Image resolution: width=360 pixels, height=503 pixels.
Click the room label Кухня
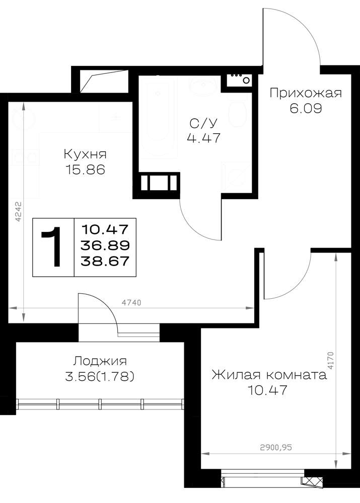click(85, 154)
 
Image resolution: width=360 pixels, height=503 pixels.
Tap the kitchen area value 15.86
click(85, 170)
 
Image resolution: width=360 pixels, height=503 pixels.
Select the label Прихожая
click(306, 94)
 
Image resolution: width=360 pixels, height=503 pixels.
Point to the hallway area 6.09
click(306, 109)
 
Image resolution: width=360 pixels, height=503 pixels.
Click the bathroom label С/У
click(204, 123)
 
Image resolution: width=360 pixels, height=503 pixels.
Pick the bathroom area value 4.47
click(204, 138)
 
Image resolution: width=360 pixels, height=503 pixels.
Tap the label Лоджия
click(100, 361)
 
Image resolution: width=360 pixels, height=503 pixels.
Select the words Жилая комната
click(269, 375)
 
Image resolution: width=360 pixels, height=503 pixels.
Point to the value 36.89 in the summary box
click(105, 245)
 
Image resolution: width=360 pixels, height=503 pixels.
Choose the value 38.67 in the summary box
click(105, 261)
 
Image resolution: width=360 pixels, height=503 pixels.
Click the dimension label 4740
click(131, 302)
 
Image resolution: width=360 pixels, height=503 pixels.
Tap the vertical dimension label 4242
click(18, 211)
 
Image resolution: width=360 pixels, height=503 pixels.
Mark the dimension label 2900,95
click(276, 447)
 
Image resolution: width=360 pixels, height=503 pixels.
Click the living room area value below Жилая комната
click(267, 390)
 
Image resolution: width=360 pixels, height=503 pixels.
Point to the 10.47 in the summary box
click(105, 230)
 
